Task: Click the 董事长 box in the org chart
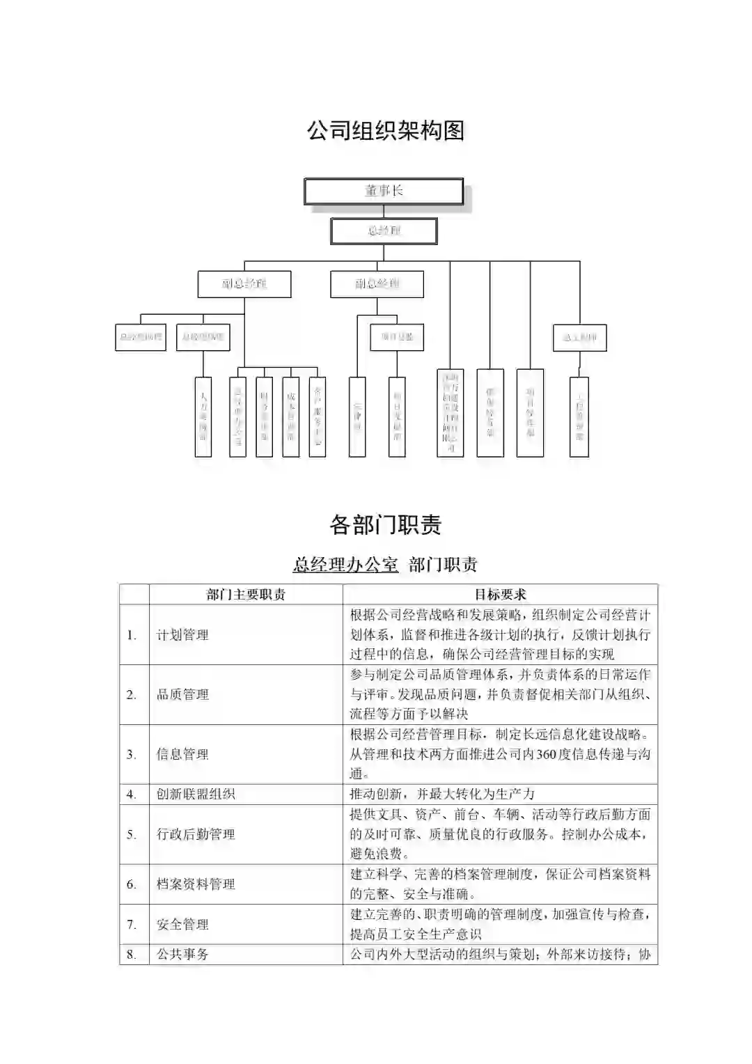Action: pos(384,191)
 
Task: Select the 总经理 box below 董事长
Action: pos(384,231)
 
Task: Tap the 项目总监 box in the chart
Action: pos(397,337)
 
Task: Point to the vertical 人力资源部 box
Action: pos(203,416)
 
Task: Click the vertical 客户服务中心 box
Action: pos(318,416)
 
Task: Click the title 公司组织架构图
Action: pos(386,130)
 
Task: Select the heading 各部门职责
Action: pos(386,524)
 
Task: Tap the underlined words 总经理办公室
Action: pos(345,564)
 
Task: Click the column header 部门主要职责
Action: pos(246,595)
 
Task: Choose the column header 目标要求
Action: pos(500,595)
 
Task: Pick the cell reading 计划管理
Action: pos(182,635)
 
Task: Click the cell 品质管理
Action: pos(182,695)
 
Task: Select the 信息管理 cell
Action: pos(182,755)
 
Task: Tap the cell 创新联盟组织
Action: pos(196,795)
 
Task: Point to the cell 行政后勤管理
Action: pos(196,834)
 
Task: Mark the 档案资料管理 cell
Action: pos(196,884)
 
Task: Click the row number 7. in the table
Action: pos(132,925)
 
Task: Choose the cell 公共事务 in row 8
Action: pos(182,955)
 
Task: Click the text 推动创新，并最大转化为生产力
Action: pos(442,795)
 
